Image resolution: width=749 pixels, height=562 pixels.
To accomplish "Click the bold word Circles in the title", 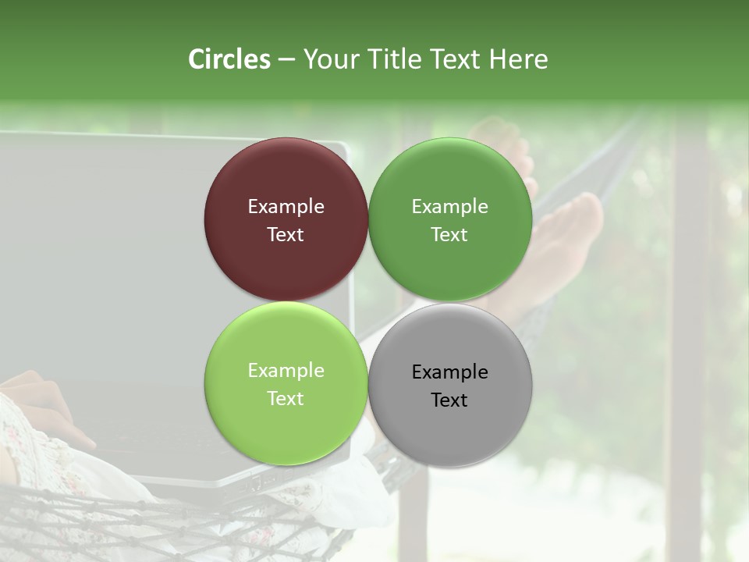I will point(229,59).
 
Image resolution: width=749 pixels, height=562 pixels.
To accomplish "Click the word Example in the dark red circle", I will point(286,207).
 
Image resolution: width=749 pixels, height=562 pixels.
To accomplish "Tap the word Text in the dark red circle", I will point(286,235).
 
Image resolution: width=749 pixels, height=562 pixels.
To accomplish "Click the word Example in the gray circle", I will point(450,372).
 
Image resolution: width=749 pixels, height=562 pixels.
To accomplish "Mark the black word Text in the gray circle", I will point(449,400).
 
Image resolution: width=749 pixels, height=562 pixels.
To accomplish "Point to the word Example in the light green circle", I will point(286,371).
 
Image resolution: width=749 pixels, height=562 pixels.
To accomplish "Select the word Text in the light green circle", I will point(286,399).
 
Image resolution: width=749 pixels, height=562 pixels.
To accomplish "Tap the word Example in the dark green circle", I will point(450,207).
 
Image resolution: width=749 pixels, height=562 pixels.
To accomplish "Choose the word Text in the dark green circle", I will point(449,235).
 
